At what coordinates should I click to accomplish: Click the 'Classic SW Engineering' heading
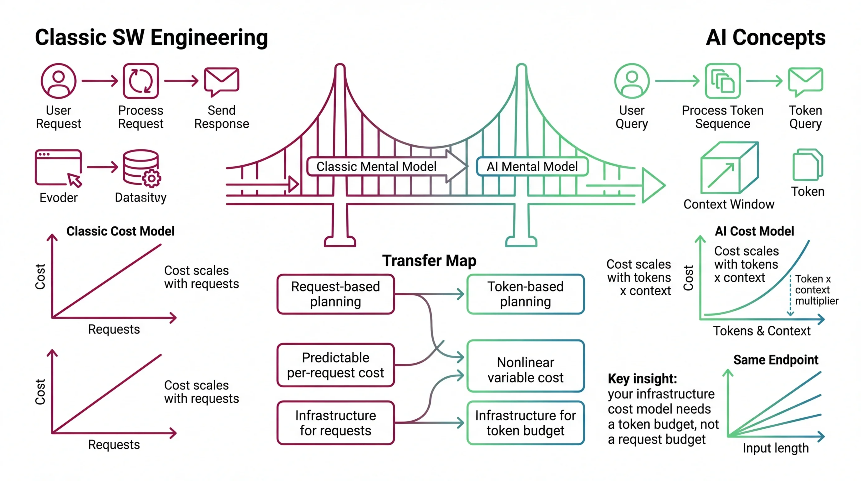151,38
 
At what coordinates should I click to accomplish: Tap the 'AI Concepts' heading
765,38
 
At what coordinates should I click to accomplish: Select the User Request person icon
59,81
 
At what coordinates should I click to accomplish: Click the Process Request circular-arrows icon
141,81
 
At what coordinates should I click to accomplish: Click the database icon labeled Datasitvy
141,168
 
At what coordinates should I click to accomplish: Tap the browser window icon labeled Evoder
59,167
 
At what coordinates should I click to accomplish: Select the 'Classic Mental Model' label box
376,166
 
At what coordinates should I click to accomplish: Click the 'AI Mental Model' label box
532,166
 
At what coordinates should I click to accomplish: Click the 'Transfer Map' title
429,261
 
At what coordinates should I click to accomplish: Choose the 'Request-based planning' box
336,294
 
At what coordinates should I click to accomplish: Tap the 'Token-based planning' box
525,294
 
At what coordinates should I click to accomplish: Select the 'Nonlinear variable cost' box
525,366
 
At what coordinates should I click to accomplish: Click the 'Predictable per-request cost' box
336,365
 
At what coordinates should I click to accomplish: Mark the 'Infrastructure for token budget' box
525,423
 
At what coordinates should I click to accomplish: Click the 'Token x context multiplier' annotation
816,290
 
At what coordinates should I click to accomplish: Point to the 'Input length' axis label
776,447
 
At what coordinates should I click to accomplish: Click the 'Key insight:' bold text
642,379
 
